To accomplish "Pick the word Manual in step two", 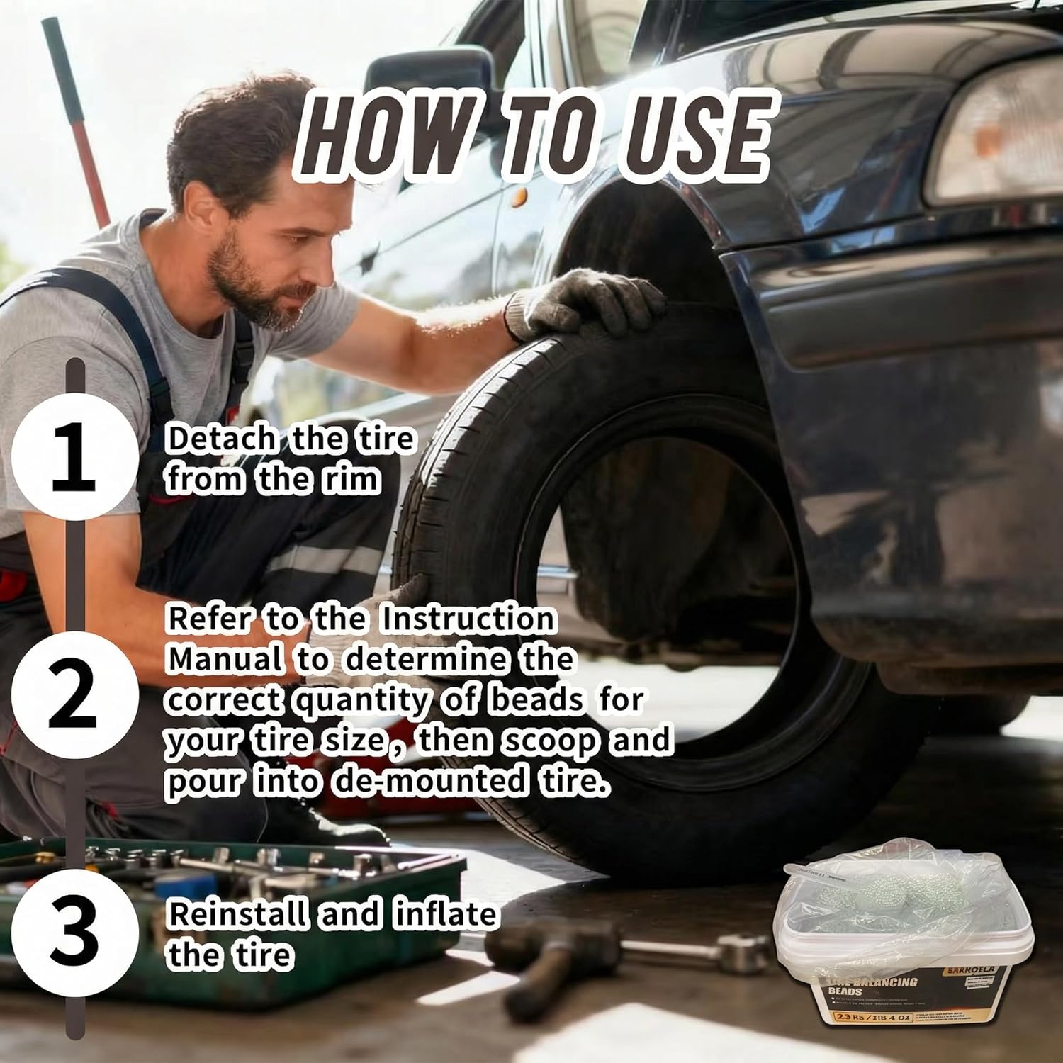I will (226, 659).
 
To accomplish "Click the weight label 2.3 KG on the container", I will (857, 1037).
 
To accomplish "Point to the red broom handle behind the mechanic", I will (78, 106).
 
